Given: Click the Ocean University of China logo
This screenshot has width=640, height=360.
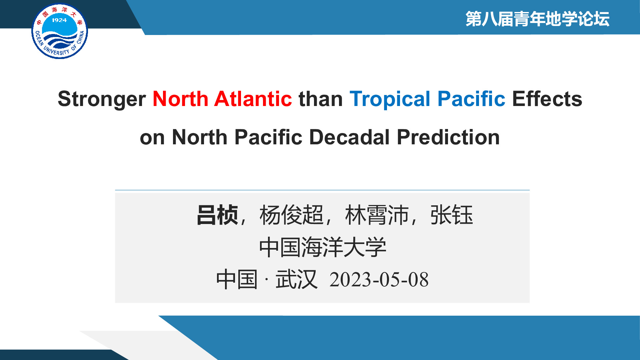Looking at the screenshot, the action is pos(59,32).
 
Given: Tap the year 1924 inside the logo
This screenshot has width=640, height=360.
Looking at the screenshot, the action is pos(59,20).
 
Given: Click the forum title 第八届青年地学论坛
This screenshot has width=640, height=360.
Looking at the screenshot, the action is pos(537,19).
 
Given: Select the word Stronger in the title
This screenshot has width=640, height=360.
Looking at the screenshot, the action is pos(102,99).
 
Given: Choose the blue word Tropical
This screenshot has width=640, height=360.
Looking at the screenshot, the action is pos(390,99).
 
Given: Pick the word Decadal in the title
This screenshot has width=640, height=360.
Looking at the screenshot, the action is pos(349,137).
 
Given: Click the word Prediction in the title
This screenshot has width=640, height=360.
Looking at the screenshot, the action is pos(448,137).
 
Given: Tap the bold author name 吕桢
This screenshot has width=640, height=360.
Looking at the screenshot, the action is pos(217,215).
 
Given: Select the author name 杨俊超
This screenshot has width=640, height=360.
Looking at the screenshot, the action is pos(291,215).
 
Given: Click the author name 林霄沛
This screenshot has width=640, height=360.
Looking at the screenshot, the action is pos(377,215).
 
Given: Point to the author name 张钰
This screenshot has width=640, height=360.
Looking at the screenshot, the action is pos(452,215).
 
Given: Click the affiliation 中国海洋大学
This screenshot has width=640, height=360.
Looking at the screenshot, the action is pos(323,247).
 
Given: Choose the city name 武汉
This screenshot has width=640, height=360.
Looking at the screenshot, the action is pos(296,279).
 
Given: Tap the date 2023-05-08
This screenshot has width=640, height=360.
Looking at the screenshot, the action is pos(379,279).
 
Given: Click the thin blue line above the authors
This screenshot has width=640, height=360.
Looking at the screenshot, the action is pos(322,190).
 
